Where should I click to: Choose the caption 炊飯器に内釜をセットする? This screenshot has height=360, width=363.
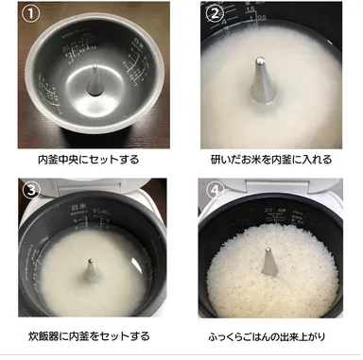tap(91, 335)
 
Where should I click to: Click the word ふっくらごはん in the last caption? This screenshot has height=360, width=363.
tap(248, 335)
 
